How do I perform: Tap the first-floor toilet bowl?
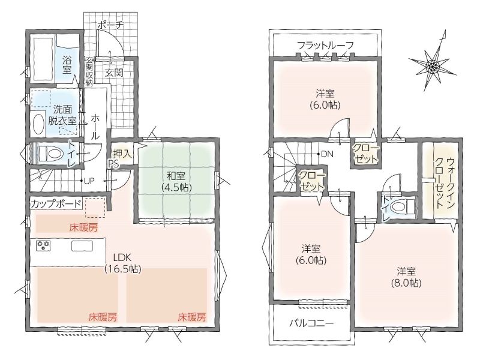coord(47,154)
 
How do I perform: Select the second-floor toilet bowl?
coord(402,206)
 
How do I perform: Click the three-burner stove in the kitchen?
coord(43,246)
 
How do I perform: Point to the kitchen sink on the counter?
coord(82,246)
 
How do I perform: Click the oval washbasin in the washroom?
coord(38,124)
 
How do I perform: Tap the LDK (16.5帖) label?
coord(123,263)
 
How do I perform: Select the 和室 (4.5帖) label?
coord(176,182)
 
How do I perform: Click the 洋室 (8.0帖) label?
coord(406,277)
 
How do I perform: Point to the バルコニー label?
coord(311,323)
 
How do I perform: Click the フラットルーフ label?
coord(325,46)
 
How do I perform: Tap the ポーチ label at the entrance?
coord(110,25)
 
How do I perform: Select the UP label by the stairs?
coord(89,181)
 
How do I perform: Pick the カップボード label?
coord(56,203)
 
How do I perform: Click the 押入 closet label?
coord(122,154)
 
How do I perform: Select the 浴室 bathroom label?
coord(67,65)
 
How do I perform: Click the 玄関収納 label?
coord(89,71)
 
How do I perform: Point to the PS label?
coord(113,164)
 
